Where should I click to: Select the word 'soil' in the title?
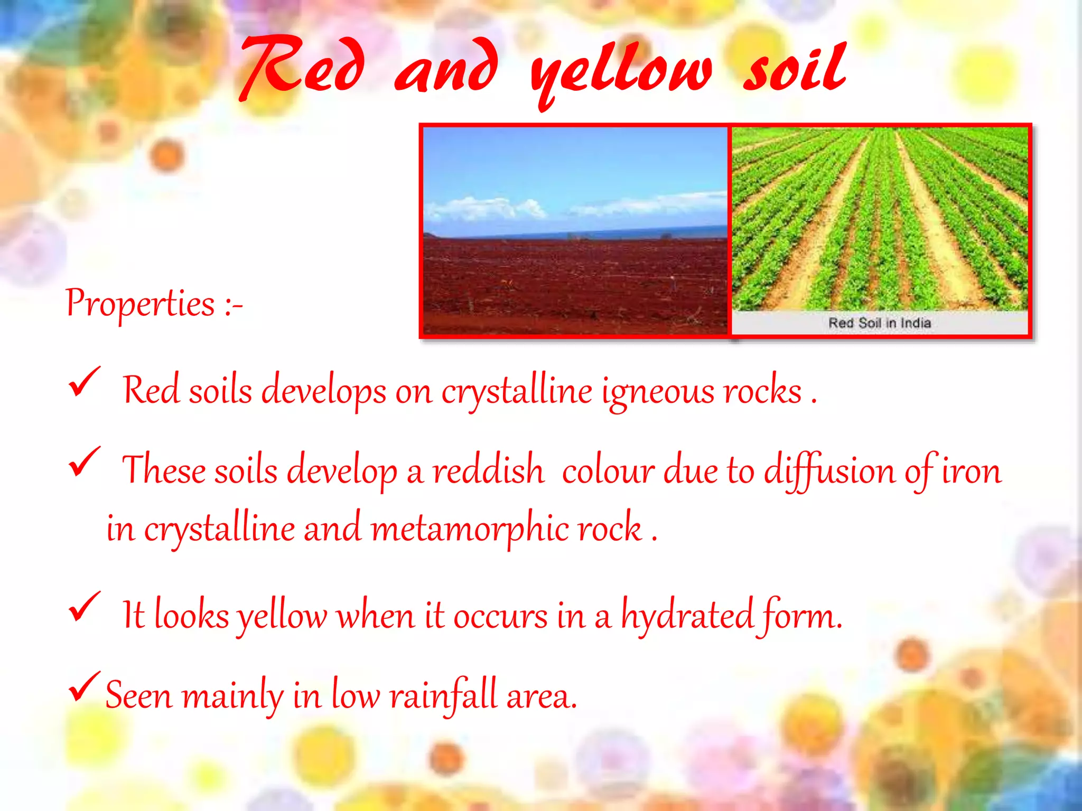[x=795, y=69]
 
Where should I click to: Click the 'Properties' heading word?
[x=141, y=304]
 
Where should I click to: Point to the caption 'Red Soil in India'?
[x=879, y=323]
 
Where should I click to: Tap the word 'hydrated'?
[x=687, y=616]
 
